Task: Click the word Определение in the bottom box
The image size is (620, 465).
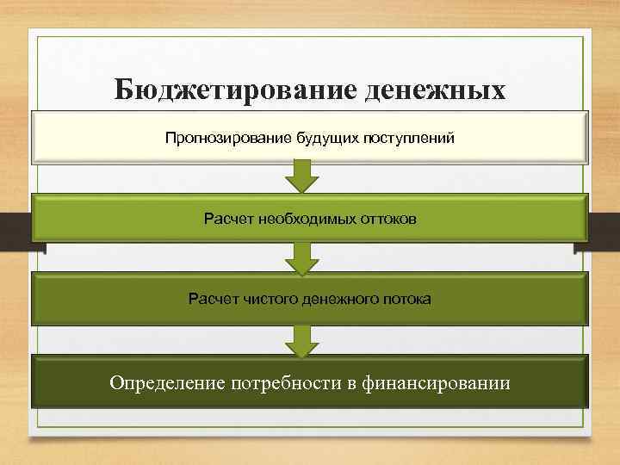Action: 167,381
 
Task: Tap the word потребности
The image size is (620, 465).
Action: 288,381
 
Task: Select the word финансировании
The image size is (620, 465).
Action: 434,381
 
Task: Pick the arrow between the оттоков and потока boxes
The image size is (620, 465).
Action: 301,257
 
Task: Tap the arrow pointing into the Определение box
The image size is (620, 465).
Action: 301,340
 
